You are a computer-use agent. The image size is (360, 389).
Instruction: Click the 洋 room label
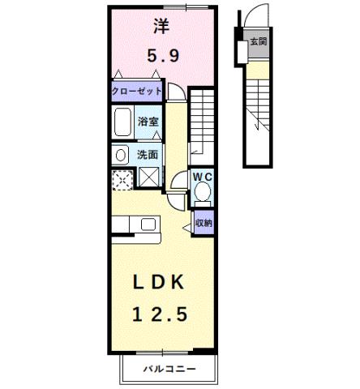click(x=161, y=26)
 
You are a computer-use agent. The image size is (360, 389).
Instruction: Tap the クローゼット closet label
click(x=137, y=92)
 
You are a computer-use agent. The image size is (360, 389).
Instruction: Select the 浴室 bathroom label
click(x=148, y=122)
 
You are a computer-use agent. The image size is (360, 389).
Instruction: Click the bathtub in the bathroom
click(x=123, y=123)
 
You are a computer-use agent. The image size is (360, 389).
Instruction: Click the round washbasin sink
click(x=121, y=154)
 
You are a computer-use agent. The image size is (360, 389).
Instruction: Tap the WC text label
click(x=202, y=176)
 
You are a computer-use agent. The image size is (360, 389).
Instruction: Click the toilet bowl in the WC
click(x=203, y=193)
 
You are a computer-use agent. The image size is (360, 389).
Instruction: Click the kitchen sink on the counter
click(x=149, y=224)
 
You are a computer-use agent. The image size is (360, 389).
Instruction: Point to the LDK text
click(x=161, y=281)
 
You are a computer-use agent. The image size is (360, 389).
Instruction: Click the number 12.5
click(x=161, y=313)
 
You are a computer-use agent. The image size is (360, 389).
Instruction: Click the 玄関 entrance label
click(x=259, y=41)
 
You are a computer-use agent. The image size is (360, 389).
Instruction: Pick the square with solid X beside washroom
click(x=149, y=177)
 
